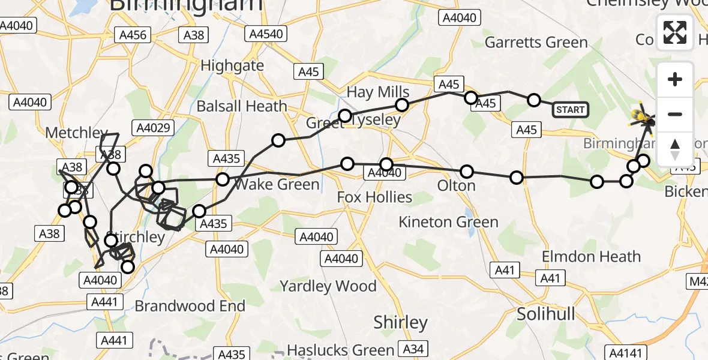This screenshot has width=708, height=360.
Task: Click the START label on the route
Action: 570,109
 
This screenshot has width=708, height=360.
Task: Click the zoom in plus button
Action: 675,79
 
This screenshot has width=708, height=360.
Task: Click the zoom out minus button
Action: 675,114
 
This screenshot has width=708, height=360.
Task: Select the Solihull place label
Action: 546,314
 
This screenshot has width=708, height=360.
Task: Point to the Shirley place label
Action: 400,322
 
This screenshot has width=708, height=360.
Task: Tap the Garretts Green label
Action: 536,43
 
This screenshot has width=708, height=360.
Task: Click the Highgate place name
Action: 232,65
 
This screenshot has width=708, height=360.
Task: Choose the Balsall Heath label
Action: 242,106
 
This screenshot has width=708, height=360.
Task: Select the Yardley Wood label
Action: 328,286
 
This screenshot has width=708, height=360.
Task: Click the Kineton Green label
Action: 448,222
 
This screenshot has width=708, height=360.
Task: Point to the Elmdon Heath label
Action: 591,257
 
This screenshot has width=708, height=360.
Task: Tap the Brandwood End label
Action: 190,306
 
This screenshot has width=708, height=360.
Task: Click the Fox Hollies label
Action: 374,197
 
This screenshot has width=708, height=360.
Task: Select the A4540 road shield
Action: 266,34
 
